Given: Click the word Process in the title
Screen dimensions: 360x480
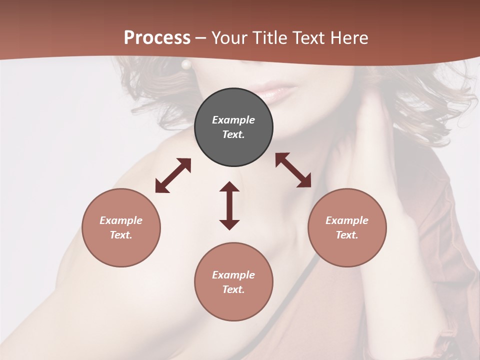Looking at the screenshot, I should coord(157,38).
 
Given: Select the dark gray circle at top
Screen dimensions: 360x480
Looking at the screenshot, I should coord(233,127).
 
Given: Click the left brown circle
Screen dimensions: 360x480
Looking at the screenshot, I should coord(121,228).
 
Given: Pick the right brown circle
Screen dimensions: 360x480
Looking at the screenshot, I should coord(347,228).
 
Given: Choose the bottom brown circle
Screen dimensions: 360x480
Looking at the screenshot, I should coord(233,282).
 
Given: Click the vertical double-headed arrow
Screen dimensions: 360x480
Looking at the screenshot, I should coord(229,205).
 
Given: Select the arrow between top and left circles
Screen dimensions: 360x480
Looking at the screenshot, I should coord(173,175).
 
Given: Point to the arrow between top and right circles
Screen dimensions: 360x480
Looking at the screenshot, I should coord(293,170).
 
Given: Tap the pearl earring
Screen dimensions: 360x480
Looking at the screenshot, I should coord(186,64).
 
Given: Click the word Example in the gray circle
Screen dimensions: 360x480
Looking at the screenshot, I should coord(233,120).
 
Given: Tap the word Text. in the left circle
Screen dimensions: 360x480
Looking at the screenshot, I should coord(121,235).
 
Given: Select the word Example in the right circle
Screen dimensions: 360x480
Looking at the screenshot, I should coord(347,220).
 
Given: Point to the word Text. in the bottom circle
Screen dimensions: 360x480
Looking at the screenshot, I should coord(233,289).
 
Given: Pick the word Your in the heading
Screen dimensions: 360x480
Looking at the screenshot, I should coord(230,38).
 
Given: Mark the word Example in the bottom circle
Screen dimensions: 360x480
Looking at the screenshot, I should coord(233,275).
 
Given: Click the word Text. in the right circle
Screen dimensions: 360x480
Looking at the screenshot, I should coord(347,235).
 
